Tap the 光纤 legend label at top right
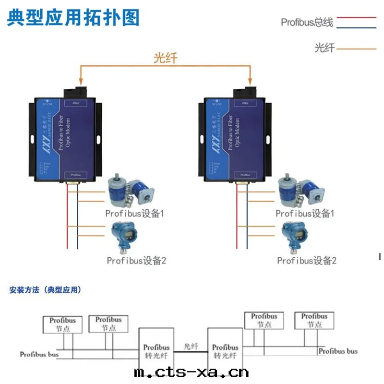tap(324, 48)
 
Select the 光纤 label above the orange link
tap(165, 58)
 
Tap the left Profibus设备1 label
tap(135, 213)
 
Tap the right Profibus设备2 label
tap(307, 261)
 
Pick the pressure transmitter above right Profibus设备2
tap(293, 236)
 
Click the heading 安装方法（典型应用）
tap(46, 290)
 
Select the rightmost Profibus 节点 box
tap(314, 321)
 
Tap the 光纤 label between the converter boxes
tap(191, 346)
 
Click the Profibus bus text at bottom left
tap(39, 355)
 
